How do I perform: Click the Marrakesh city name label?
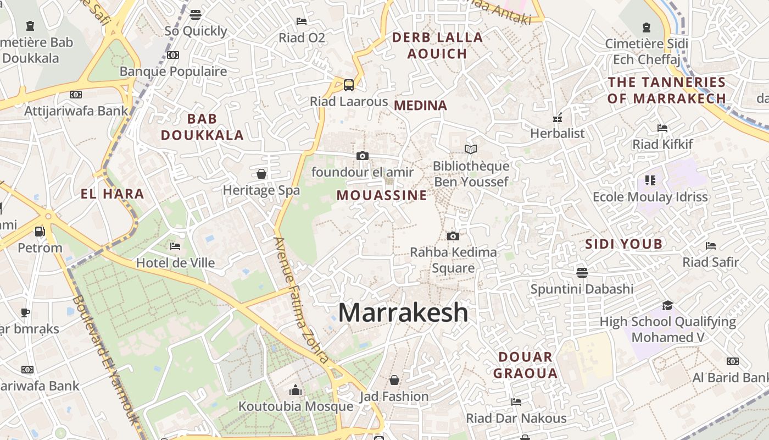tap(403, 313)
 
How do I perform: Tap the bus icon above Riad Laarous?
tap(349, 85)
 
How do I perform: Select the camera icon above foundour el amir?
tap(363, 156)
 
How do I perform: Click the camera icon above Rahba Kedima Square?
tap(453, 236)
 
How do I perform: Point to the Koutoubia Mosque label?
tap(296, 406)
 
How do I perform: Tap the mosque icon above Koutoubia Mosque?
tap(296, 390)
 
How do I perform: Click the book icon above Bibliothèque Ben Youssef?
tap(471, 149)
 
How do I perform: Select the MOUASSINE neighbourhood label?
tap(382, 195)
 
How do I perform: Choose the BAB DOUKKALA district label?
tap(202, 127)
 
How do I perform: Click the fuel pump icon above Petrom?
tap(40, 231)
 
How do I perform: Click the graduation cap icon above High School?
tap(667, 305)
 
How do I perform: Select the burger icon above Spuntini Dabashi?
tap(582, 272)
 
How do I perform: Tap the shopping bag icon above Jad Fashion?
tap(394, 380)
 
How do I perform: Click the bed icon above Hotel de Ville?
tap(175, 246)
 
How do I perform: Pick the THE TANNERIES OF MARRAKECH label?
tap(667, 91)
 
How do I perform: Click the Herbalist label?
tap(557, 133)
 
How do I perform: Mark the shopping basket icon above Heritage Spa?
tap(261, 174)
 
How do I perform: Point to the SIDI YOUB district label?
tap(623, 244)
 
